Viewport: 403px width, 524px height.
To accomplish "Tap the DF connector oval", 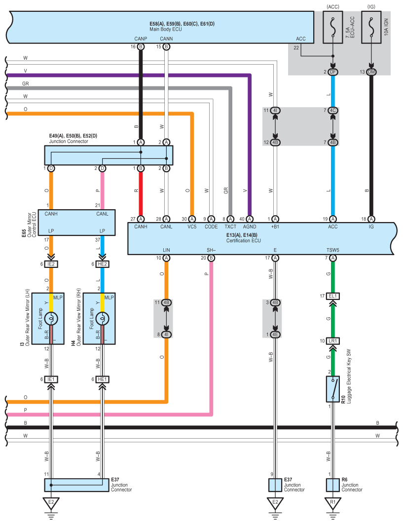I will coord(333,73).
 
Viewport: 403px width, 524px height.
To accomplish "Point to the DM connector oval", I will coord(371,73).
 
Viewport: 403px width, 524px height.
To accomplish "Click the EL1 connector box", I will coord(333,296).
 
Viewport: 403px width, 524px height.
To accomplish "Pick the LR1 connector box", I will coord(333,341).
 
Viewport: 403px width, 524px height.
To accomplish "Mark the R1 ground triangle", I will coord(333,504).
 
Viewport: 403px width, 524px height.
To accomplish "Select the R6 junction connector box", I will coord(333,484).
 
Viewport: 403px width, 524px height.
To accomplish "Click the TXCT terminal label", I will coord(230,226).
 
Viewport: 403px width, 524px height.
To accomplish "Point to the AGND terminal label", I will coord(249,226).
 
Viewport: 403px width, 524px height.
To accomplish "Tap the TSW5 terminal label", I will coord(333,250).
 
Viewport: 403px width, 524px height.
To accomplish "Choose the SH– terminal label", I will coord(211,250).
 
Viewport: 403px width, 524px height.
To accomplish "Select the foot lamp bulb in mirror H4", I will coord(102,318).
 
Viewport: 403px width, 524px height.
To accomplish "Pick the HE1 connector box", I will coord(102,379).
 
